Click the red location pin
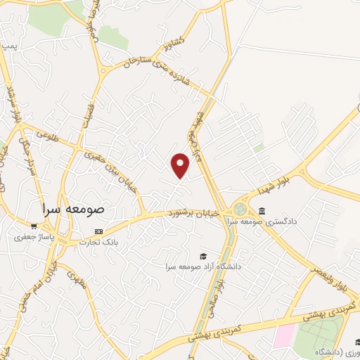(181, 165)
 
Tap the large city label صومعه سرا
(72, 209)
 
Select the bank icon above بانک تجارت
(98, 231)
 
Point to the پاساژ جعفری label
(32, 237)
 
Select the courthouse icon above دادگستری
(262, 211)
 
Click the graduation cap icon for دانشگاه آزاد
(203, 255)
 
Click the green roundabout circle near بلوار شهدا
(241, 210)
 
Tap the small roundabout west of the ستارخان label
(104, 70)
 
